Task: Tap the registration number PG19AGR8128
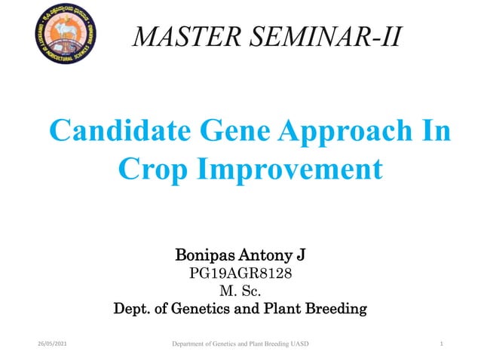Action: click(239, 274)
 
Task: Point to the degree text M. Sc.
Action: click(239, 291)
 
